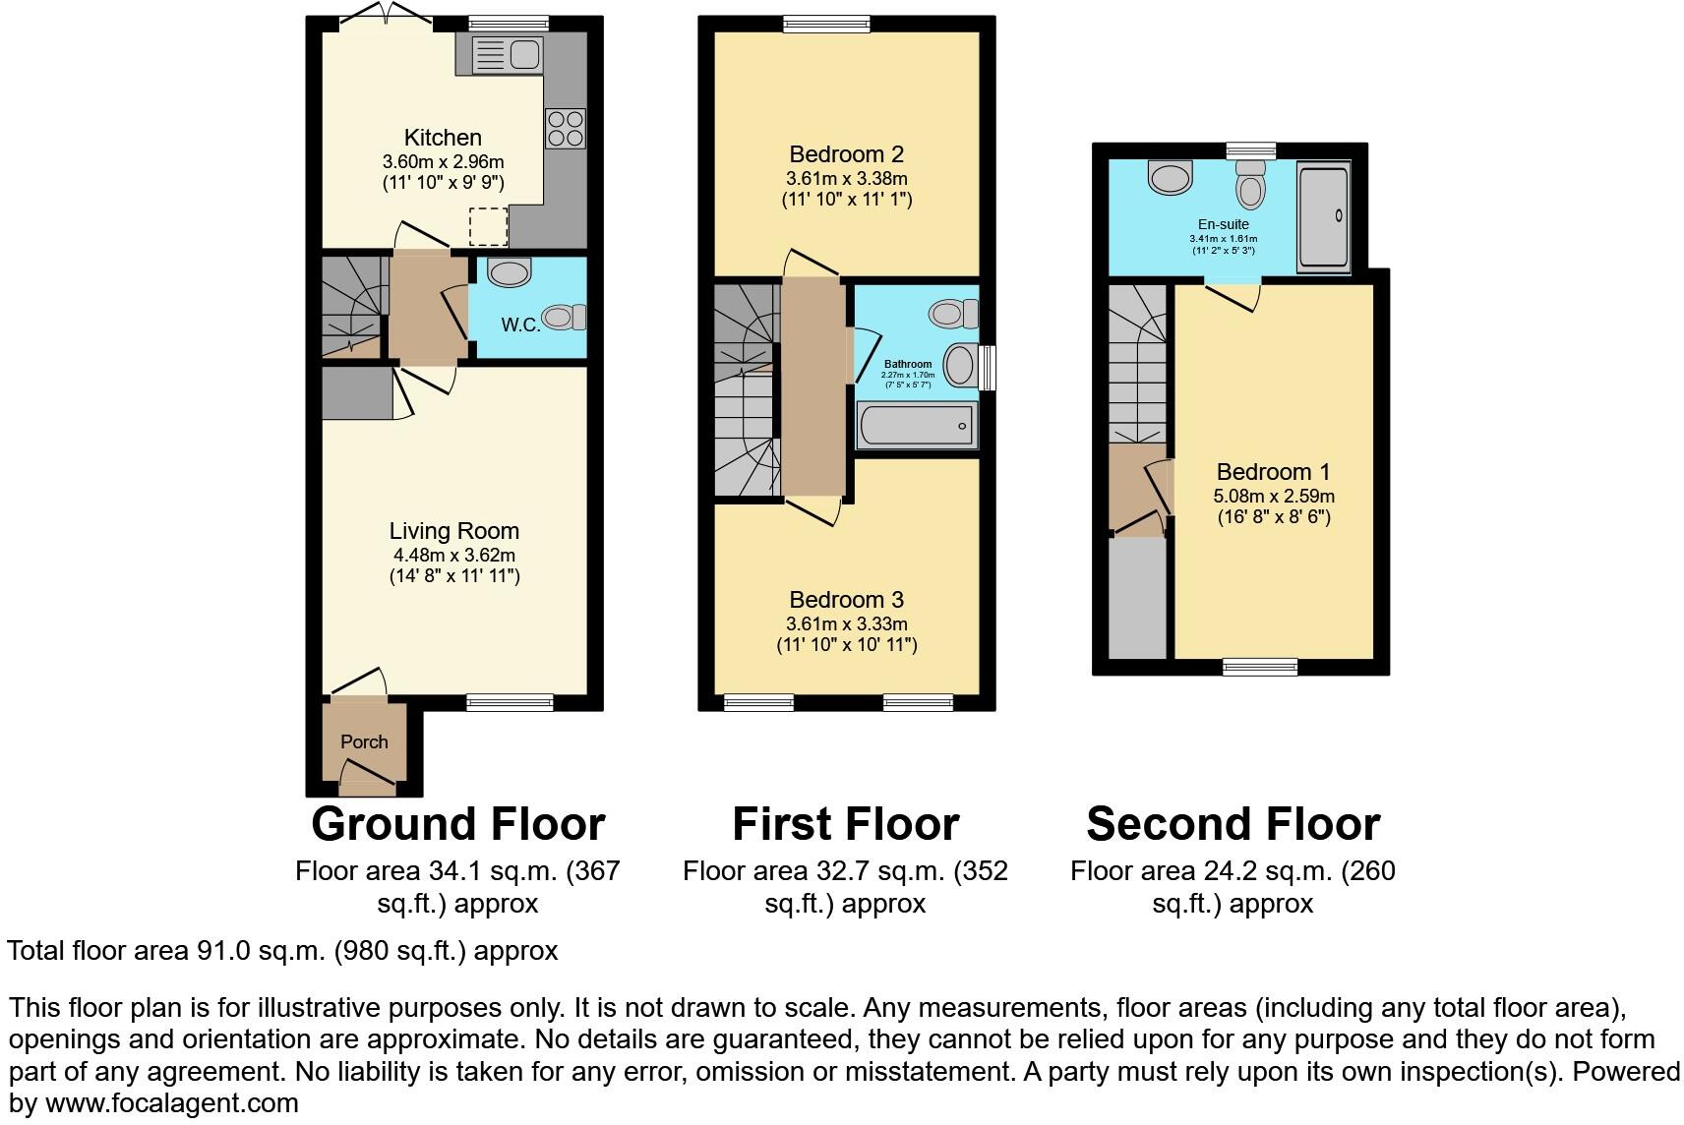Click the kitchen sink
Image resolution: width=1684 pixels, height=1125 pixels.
pyautogui.click(x=507, y=55)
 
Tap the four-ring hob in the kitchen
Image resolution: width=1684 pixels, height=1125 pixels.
pyautogui.click(x=565, y=129)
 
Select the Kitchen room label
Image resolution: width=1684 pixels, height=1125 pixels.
pyautogui.click(x=443, y=138)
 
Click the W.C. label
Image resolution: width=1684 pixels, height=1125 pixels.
pyautogui.click(x=520, y=325)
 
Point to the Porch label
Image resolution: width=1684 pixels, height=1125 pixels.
pyautogui.click(x=364, y=741)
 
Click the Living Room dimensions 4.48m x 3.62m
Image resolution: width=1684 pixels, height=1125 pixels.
pyautogui.click(x=453, y=555)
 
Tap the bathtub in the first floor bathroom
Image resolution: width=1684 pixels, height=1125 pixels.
pyautogui.click(x=916, y=426)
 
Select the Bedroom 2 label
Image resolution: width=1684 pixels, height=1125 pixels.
pyautogui.click(x=846, y=154)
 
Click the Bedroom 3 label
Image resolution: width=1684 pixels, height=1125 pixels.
pyautogui.click(x=846, y=600)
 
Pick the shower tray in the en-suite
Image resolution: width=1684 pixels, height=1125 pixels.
pyautogui.click(x=1323, y=218)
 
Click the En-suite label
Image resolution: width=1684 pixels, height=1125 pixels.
pyautogui.click(x=1224, y=224)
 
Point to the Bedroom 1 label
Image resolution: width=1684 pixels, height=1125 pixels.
pyautogui.click(x=1273, y=472)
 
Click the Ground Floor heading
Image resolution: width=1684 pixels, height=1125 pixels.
pyautogui.click(x=457, y=824)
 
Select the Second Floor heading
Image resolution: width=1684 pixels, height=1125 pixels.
pyautogui.click(x=1233, y=824)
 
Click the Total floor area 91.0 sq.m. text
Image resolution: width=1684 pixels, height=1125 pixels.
pyautogui.click(x=282, y=951)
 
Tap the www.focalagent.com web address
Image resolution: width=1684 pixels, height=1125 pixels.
pyautogui.click(x=171, y=1102)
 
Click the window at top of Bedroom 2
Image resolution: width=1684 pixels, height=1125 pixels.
pyautogui.click(x=826, y=24)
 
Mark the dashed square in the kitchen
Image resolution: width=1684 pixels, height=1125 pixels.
pyautogui.click(x=489, y=226)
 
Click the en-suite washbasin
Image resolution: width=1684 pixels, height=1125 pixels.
pyautogui.click(x=1170, y=178)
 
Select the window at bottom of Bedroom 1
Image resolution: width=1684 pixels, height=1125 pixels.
pyautogui.click(x=1260, y=667)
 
